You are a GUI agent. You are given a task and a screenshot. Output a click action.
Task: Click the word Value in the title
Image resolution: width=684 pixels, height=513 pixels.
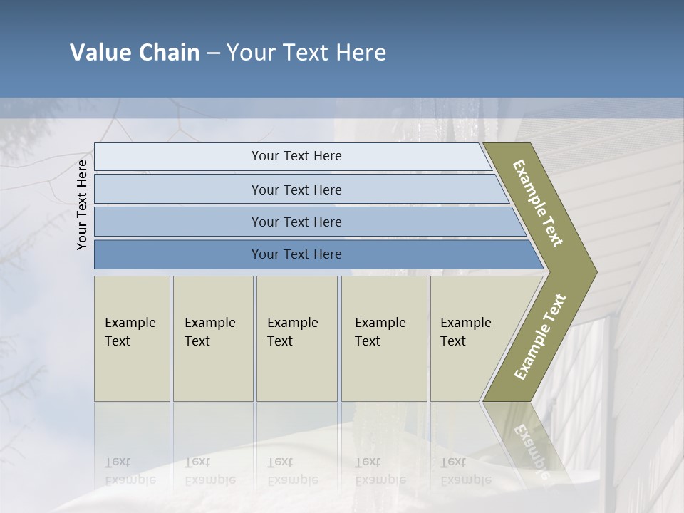coord(100,53)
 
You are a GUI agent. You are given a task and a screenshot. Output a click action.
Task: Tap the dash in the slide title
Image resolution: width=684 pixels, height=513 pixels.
coord(213,53)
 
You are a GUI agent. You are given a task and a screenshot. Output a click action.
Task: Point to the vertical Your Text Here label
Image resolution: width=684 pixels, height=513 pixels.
coord(82,204)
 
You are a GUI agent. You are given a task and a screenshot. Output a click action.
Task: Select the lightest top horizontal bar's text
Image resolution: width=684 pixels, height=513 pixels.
coord(296,156)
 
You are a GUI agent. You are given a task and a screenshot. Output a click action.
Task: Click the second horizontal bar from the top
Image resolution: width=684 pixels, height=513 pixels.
coord(296,190)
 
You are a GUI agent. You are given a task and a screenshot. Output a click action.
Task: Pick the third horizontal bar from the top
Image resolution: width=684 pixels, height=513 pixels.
coord(296,222)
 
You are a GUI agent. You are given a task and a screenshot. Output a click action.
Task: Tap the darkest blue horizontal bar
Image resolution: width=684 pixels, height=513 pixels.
coord(296,254)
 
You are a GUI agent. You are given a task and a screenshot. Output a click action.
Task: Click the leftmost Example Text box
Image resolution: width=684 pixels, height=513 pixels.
coord(132,338)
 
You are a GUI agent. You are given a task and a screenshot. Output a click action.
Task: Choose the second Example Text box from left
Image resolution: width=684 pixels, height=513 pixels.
coord(212,338)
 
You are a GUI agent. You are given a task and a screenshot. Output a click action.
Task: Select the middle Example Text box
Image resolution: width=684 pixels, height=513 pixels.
coord(296,338)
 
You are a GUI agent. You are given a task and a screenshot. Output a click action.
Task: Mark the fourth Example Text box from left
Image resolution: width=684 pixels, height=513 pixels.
coord(383,338)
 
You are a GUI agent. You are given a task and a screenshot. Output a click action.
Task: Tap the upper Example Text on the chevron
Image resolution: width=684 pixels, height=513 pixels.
coord(538,204)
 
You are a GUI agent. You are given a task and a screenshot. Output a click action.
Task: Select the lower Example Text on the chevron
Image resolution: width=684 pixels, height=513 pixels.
coord(539,337)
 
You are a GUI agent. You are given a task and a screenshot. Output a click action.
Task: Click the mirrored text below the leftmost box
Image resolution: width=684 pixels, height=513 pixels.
coord(130,471)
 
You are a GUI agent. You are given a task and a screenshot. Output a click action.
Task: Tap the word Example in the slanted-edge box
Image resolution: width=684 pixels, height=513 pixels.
coord(465,323)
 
